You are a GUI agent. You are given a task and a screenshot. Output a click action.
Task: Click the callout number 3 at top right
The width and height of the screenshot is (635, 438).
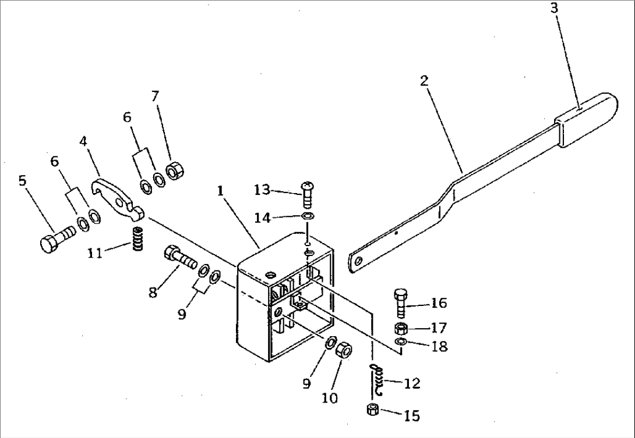pyautogui.click(x=554, y=9)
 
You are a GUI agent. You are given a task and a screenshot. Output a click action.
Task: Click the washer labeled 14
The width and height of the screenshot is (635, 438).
pyautogui.click(x=308, y=216)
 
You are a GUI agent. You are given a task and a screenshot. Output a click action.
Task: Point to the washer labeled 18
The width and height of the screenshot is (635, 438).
pyautogui.click(x=401, y=341)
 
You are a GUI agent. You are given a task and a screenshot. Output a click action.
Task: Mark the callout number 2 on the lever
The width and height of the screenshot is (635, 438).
pyautogui.click(x=424, y=80)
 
